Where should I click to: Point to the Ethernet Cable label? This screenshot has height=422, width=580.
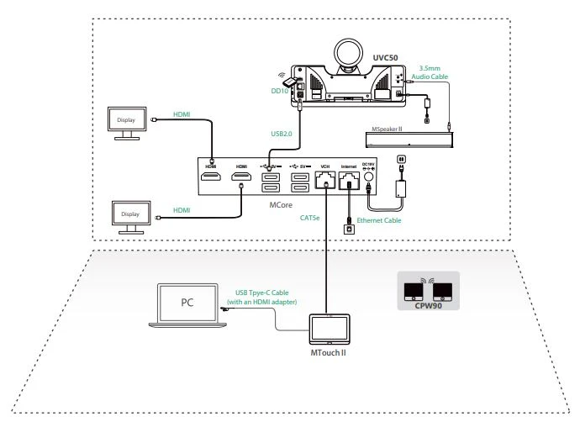pyautogui.click(x=380, y=221)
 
